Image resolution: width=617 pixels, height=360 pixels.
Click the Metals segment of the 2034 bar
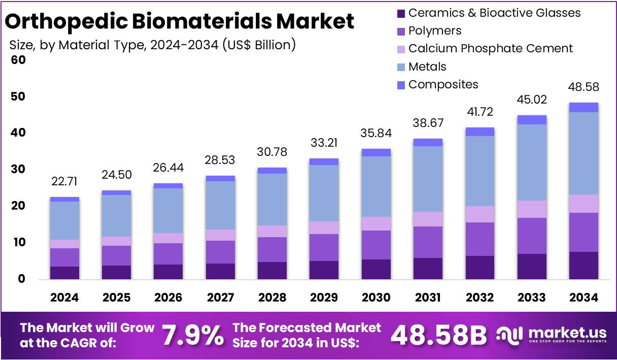point(584,153)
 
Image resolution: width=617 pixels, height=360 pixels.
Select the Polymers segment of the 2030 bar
point(376,245)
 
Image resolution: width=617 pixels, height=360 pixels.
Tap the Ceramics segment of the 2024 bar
point(64,273)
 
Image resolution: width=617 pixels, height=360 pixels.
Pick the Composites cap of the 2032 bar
point(480,132)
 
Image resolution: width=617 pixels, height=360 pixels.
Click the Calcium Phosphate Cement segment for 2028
point(272,231)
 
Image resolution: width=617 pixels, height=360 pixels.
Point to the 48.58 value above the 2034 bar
point(584,87)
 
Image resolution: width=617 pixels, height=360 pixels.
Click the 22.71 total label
point(64,182)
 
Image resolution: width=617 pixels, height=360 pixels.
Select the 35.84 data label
point(376,134)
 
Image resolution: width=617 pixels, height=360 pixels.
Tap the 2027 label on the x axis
point(220,298)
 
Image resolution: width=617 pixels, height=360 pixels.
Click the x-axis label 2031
point(428,298)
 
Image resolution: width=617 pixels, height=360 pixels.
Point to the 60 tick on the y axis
point(18,60)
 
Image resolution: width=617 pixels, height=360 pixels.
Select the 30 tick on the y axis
point(18,169)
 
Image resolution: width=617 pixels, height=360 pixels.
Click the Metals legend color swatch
point(401,67)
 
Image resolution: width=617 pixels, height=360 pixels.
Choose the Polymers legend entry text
point(435,30)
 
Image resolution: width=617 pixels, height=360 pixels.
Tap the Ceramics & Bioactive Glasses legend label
point(494,13)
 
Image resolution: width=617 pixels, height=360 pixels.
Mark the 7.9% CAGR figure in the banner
point(193,335)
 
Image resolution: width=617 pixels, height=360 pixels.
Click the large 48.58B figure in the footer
point(439,335)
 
